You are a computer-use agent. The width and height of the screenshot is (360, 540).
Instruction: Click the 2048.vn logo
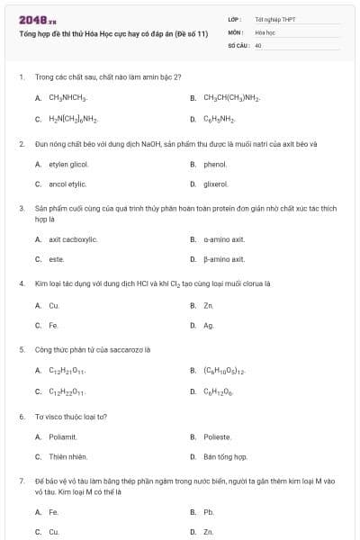point(38,20)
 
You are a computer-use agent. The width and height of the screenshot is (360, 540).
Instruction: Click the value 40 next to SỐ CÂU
point(258,44)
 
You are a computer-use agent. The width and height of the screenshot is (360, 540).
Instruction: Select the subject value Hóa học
point(265,31)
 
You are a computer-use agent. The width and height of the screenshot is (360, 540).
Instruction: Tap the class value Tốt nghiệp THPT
point(274,18)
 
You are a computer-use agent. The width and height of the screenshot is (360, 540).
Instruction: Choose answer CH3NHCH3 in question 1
point(67,98)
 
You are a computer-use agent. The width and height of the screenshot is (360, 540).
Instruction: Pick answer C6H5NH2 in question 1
point(220,119)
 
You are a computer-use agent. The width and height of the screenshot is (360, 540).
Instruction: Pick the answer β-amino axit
point(224,259)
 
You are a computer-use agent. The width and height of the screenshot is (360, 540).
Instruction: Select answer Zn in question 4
point(209,306)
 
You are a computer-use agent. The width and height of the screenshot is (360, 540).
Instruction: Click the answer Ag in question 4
point(209,326)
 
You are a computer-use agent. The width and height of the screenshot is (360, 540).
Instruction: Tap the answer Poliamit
point(63,437)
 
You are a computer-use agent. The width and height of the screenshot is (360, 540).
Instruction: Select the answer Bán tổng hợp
point(225,457)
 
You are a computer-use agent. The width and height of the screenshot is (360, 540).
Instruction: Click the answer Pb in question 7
point(209,512)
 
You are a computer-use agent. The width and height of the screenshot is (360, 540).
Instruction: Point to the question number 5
point(22,348)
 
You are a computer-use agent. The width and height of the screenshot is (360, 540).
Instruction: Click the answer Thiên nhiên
point(67,457)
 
